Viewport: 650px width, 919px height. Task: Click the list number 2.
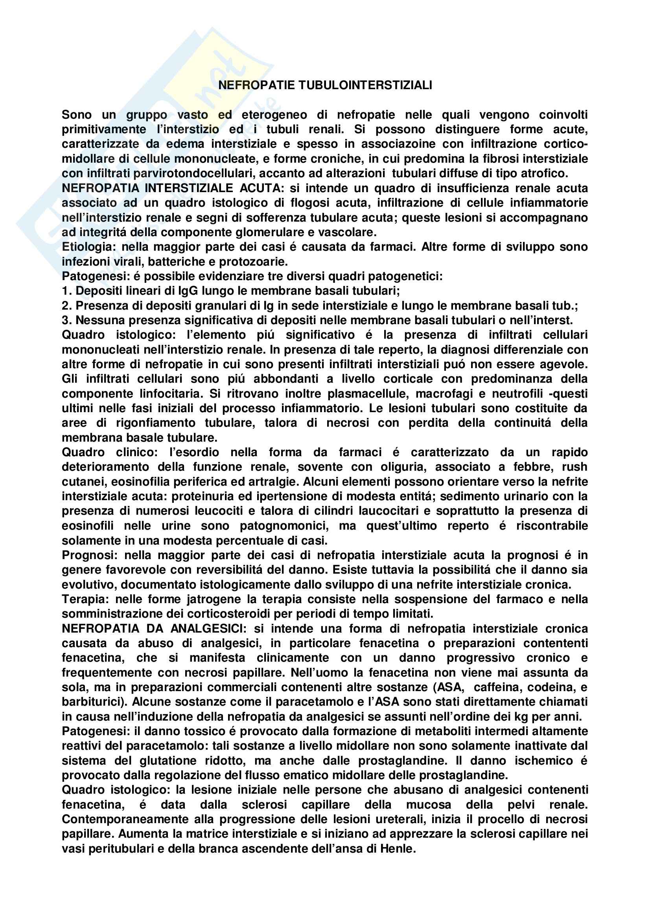coord(66,306)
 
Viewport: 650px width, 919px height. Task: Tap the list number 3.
coord(66,320)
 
